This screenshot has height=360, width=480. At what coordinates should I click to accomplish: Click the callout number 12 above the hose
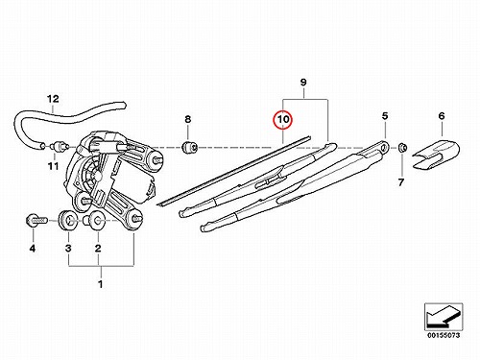click(53, 99)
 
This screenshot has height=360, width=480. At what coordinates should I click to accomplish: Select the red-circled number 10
click(283, 119)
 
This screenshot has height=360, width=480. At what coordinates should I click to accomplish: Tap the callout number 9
click(303, 83)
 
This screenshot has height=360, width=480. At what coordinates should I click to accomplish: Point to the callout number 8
click(188, 119)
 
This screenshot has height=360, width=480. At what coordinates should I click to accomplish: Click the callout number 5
click(385, 116)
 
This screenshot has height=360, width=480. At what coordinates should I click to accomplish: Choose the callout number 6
click(442, 116)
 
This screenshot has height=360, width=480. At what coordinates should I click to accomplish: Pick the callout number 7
click(401, 182)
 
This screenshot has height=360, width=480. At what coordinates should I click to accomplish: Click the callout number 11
click(54, 166)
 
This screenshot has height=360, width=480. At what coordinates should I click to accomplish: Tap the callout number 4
click(33, 248)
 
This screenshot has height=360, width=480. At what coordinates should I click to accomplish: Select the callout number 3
click(68, 248)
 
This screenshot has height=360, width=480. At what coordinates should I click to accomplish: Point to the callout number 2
click(98, 248)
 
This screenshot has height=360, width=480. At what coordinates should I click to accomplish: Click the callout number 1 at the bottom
click(101, 284)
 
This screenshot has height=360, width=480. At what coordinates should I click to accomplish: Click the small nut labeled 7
click(402, 148)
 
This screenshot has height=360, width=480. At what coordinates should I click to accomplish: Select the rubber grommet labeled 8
click(189, 147)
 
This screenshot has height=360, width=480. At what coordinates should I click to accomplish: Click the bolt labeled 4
click(36, 221)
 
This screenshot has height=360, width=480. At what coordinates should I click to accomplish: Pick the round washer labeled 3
click(67, 220)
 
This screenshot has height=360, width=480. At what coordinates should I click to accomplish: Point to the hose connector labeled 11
click(59, 146)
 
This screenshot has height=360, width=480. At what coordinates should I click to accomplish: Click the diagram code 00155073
click(444, 335)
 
